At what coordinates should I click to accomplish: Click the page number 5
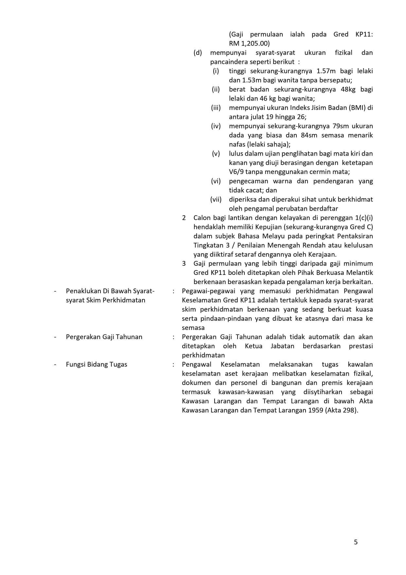[x=356, y=542]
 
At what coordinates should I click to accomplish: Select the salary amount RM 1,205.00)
[x=249, y=43]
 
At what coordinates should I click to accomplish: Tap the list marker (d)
[x=198, y=52]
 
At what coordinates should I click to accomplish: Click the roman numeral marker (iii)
[x=216, y=107]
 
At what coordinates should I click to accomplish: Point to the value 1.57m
[x=326, y=71]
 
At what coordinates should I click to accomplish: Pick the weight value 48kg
[x=348, y=89]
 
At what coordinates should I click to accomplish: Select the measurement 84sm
[x=309, y=135]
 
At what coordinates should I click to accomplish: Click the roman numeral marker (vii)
[x=216, y=199]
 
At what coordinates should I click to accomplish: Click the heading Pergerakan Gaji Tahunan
[x=104, y=337]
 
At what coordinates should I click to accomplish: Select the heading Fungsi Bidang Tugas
[x=97, y=364]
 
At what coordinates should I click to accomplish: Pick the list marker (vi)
[x=216, y=181]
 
